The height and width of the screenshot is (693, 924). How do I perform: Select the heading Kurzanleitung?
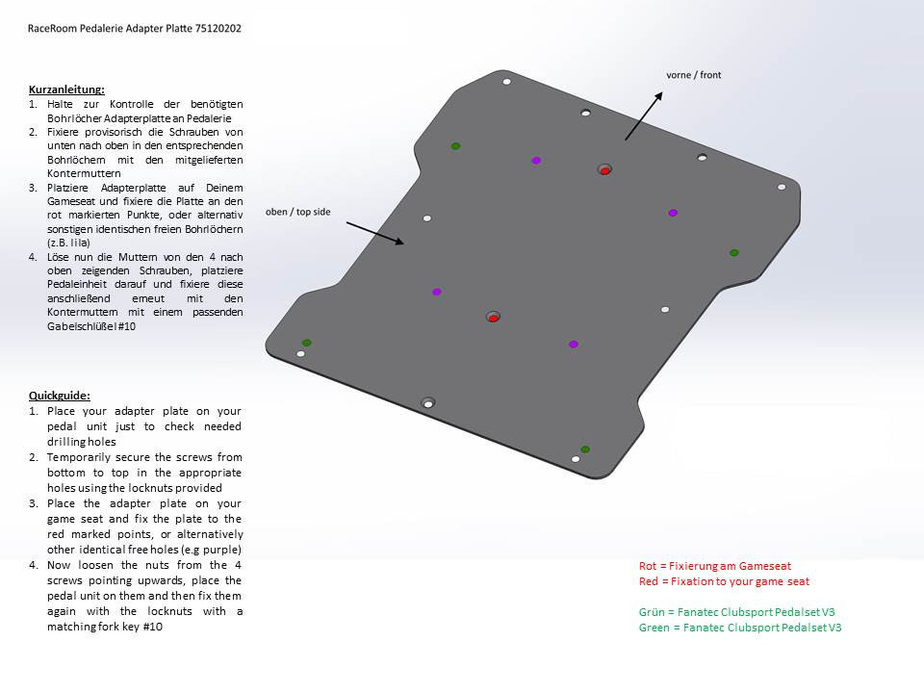pos(66,90)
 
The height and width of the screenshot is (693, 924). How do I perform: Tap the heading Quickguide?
pos(59,396)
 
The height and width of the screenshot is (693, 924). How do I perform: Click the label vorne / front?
pos(693,75)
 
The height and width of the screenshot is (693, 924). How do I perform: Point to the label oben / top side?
pos(297,212)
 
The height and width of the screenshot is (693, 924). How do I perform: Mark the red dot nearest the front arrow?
pos(604,170)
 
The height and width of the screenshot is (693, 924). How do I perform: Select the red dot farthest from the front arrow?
pos(493,318)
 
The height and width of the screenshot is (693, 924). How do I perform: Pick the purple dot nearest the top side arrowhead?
pos(437,292)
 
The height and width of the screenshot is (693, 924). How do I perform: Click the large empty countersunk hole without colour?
pos(428,402)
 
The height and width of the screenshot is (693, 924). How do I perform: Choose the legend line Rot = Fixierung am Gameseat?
pos(714,566)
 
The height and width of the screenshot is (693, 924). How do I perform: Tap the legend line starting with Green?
pos(739,628)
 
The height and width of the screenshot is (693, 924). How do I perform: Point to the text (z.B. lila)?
pos(68,244)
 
